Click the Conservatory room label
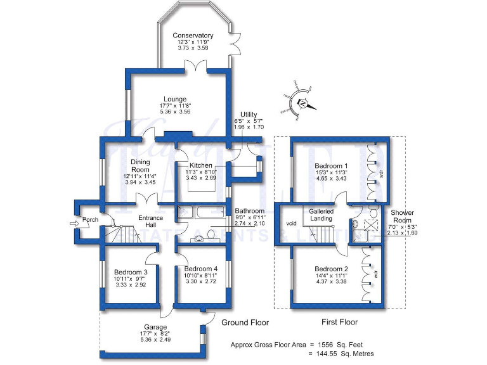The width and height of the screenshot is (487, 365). click(193, 35)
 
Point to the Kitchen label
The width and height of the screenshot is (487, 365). click(200, 165)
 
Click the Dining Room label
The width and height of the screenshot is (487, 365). click(140, 166)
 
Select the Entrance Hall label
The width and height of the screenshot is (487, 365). click(150, 222)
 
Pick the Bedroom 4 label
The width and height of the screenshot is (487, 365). click(196, 269)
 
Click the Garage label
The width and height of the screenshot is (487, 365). click(155, 328)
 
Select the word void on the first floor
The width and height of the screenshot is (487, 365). click(292, 223)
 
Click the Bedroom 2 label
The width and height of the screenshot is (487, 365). click(332, 269)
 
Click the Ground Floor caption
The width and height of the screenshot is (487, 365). click(245, 323)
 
